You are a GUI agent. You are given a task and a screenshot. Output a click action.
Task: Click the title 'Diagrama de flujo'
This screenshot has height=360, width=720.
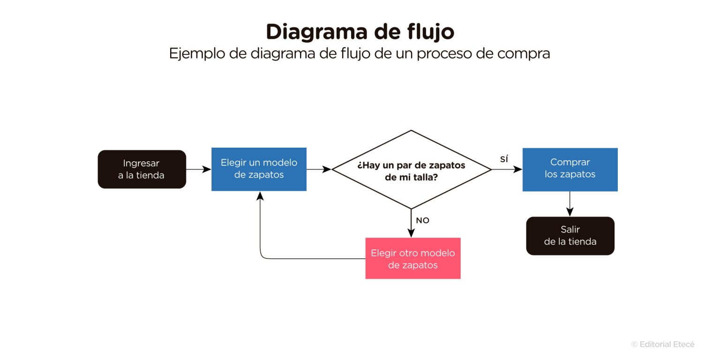pos(360,32)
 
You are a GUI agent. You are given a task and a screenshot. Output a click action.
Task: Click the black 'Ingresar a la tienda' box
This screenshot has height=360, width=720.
pos(142,169)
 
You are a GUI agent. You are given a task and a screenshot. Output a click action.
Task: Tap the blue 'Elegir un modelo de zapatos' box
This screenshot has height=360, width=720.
pos(259,169)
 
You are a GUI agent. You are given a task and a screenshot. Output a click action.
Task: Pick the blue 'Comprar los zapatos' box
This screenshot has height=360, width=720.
pos(570,169)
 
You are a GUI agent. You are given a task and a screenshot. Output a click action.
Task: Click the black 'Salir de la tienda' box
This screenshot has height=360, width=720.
pos(570,236)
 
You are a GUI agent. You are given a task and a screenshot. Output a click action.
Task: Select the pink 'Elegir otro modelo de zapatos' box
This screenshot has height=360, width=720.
pos(412,258)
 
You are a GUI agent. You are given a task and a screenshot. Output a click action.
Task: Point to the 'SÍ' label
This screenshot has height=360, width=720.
pos(504,159)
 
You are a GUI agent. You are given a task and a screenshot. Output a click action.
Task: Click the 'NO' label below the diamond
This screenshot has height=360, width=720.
pos(422,220)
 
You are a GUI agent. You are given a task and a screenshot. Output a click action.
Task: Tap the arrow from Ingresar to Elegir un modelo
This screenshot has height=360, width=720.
pos(199,169)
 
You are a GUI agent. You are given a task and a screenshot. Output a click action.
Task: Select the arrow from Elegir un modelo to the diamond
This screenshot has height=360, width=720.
pos(319,169)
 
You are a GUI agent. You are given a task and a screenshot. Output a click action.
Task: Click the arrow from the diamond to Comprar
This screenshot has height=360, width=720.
pos(507,169)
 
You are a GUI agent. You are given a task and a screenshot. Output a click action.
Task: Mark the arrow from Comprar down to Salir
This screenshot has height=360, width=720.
pos(570,204)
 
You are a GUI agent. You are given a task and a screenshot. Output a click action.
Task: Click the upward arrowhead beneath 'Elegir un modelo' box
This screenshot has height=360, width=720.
pos(260,195)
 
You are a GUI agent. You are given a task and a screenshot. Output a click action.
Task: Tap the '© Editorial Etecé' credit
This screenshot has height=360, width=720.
pos(662,344)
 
